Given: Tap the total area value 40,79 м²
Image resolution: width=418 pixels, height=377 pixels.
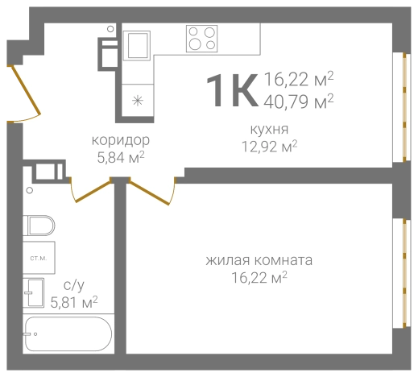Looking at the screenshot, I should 299,101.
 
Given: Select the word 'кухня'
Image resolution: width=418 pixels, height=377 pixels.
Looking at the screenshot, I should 269,129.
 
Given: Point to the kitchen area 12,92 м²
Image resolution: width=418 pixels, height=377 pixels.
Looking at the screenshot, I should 269,146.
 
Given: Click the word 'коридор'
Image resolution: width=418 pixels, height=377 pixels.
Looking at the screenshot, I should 120,140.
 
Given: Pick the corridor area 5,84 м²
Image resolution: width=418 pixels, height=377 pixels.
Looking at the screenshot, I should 120,157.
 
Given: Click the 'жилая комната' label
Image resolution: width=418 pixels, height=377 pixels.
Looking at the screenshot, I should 259,261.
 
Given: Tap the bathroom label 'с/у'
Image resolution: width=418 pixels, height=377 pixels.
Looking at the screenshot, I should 72,285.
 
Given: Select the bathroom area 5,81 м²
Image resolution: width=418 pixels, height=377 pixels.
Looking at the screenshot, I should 74,302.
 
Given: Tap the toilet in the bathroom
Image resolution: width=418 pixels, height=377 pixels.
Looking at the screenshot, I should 38,226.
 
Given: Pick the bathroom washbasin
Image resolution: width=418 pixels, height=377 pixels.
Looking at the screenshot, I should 35,292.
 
